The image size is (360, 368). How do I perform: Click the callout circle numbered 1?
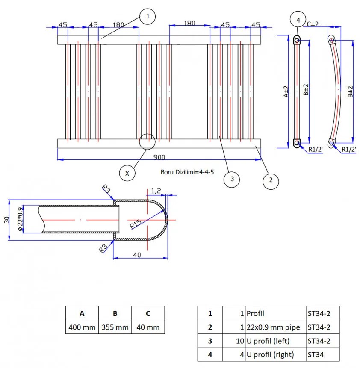148,17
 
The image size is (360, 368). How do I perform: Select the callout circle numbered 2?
271,180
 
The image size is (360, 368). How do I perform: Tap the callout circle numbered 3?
232,179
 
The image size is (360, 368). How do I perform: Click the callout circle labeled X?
127,173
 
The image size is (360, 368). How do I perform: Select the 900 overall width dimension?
159,157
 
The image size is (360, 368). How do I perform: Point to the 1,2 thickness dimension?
156,191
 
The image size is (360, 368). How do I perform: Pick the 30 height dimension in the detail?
6,219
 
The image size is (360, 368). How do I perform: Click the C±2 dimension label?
313,24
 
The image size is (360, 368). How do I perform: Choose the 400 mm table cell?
82,327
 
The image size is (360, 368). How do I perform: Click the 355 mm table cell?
115,327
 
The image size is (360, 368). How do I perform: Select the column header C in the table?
148,313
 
